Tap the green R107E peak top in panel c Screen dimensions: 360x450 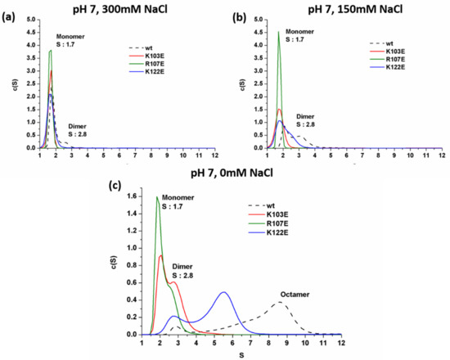click(x=156, y=197)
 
